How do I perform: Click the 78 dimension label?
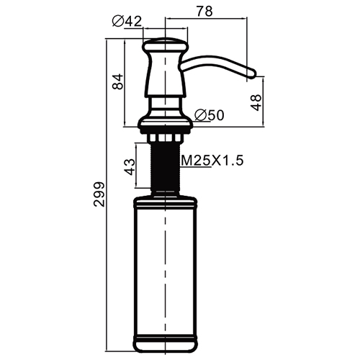(x=204, y=11)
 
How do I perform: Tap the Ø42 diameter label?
(x=127, y=21)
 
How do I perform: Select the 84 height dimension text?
(x=117, y=81)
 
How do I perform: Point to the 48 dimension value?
(x=256, y=102)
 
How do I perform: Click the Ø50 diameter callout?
(x=210, y=115)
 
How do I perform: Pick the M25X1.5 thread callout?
(x=212, y=161)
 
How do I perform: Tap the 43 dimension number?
(x=130, y=167)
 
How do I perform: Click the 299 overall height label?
(x=99, y=194)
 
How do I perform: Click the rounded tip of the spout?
(x=251, y=73)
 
